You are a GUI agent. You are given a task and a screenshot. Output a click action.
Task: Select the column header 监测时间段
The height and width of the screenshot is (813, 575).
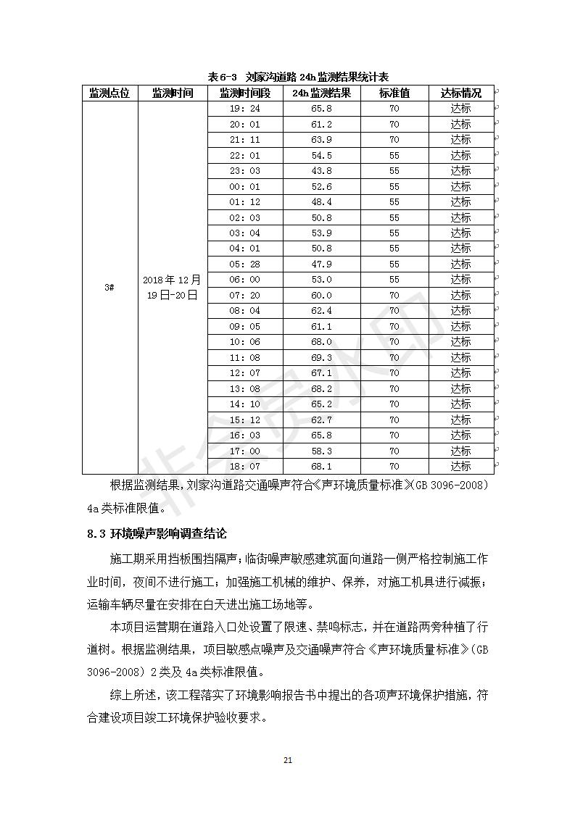(244, 93)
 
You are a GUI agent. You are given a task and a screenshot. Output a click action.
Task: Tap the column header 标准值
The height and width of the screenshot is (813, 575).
(394, 93)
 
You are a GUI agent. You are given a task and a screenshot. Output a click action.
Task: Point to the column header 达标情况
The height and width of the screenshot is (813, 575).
(460, 93)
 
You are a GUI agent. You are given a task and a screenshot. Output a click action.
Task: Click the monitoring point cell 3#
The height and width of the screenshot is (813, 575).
(109, 288)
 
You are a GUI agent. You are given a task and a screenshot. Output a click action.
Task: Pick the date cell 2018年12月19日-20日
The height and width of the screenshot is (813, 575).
(173, 288)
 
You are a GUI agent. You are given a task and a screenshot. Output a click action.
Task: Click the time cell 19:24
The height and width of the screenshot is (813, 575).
(244, 109)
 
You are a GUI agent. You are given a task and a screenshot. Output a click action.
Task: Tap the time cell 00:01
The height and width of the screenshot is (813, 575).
(244, 187)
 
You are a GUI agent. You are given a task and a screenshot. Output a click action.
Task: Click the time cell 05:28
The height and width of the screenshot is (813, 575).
(244, 264)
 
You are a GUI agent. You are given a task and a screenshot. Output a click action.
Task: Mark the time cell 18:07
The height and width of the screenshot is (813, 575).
(244, 467)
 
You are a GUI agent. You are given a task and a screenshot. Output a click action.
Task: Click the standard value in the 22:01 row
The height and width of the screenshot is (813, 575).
(394, 156)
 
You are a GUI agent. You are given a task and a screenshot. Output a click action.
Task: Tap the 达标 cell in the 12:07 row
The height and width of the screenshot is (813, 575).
(460, 373)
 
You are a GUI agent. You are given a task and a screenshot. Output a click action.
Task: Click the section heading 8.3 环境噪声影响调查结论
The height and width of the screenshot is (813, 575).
(157, 534)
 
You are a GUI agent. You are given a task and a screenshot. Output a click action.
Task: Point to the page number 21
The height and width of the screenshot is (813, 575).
(287, 760)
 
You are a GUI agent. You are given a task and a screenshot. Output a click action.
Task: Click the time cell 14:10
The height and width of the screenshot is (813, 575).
(244, 404)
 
